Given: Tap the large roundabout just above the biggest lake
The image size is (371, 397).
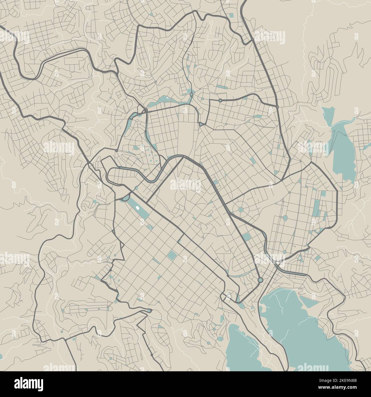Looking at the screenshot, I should point(260,280).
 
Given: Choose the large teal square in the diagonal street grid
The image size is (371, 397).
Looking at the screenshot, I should point(172,255).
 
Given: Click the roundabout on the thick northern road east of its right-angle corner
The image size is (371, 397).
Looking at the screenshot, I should point(220,101).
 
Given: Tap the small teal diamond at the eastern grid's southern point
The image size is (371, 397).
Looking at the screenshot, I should point(285,252).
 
